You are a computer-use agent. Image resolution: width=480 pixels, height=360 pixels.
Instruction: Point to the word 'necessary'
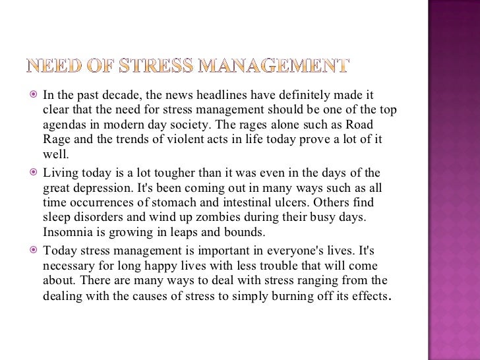[x=67, y=265]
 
